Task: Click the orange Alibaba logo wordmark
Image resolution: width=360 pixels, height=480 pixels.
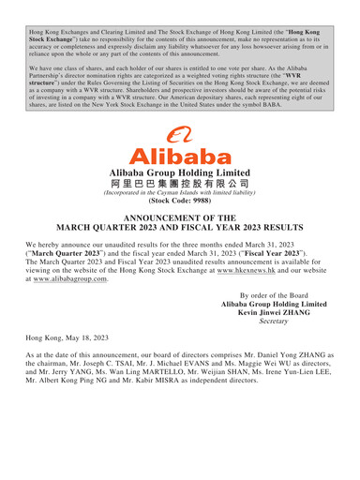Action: pyautogui.click(x=179, y=155)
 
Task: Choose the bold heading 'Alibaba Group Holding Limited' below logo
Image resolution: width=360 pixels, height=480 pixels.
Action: pyautogui.click(x=179, y=173)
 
